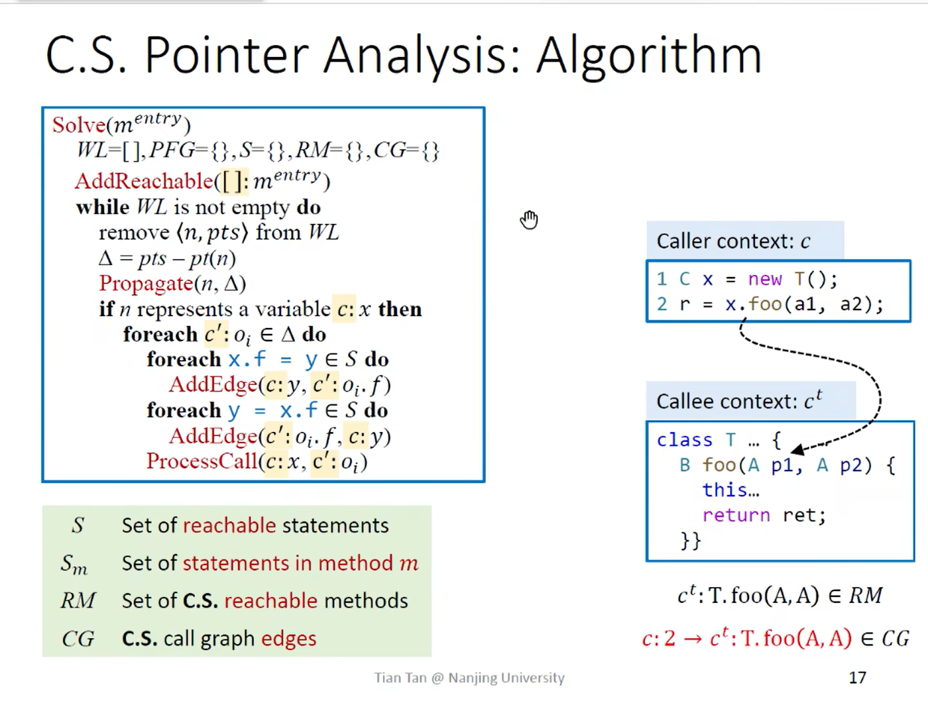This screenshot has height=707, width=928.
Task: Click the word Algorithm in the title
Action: pyautogui.click(x=649, y=55)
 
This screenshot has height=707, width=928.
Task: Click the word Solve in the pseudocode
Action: pyautogui.click(x=79, y=125)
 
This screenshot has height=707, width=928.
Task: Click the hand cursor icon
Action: pyautogui.click(x=529, y=220)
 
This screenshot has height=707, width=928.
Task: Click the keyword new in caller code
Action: pyautogui.click(x=764, y=280)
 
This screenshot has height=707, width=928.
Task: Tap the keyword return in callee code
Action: pyautogui.click(x=735, y=515)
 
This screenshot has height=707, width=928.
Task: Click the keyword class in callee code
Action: pyautogui.click(x=684, y=440)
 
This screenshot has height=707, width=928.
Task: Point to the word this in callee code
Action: pyautogui.click(x=724, y=490)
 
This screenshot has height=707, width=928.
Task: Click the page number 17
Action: pyautogui.click(x=857, y=678)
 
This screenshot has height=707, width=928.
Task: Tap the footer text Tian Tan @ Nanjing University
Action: pyautogui.click(x=469, y=678)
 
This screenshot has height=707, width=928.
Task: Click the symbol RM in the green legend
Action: pyautogui.click(x=77, y=600)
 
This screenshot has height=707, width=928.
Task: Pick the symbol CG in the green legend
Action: pyautogui.click(x=77, y=638)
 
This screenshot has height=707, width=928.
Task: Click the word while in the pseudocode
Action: pyautogui.click(x=102, y=208)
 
